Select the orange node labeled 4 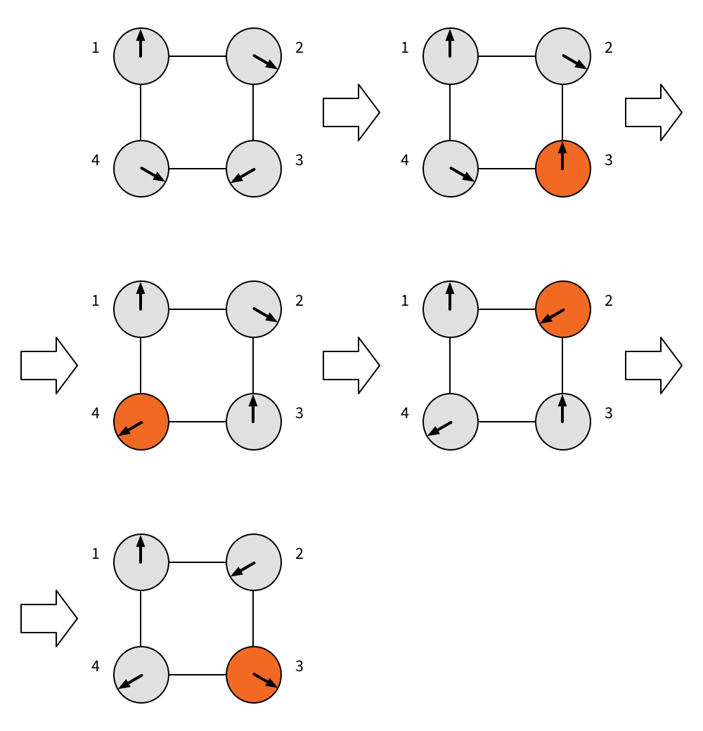(x=141, y=422)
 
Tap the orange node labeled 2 (x=563, y=309)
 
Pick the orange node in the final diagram (x=254, y=675)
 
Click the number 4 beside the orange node (x=96, y=413)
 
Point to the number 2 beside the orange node (x=609, y=301)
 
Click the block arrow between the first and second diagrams (x=351, y=112)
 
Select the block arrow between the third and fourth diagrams (x=351, y=365)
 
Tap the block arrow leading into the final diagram (x=49, y=619)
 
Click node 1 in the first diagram (x=141, y=56)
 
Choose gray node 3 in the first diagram (x=254, y=169)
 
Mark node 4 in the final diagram (x=141, y=675)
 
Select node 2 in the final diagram (x=254, y=562)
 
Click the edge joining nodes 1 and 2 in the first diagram (x=198, y=56)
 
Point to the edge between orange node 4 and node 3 (x=198, y=422)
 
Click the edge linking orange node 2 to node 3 (x=563, y=365)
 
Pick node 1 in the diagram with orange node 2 (x=451, y=309)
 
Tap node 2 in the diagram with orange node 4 (x=254, y=309)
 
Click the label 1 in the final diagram (x=96, y=554)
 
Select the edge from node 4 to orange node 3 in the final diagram (x=198, y=675)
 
